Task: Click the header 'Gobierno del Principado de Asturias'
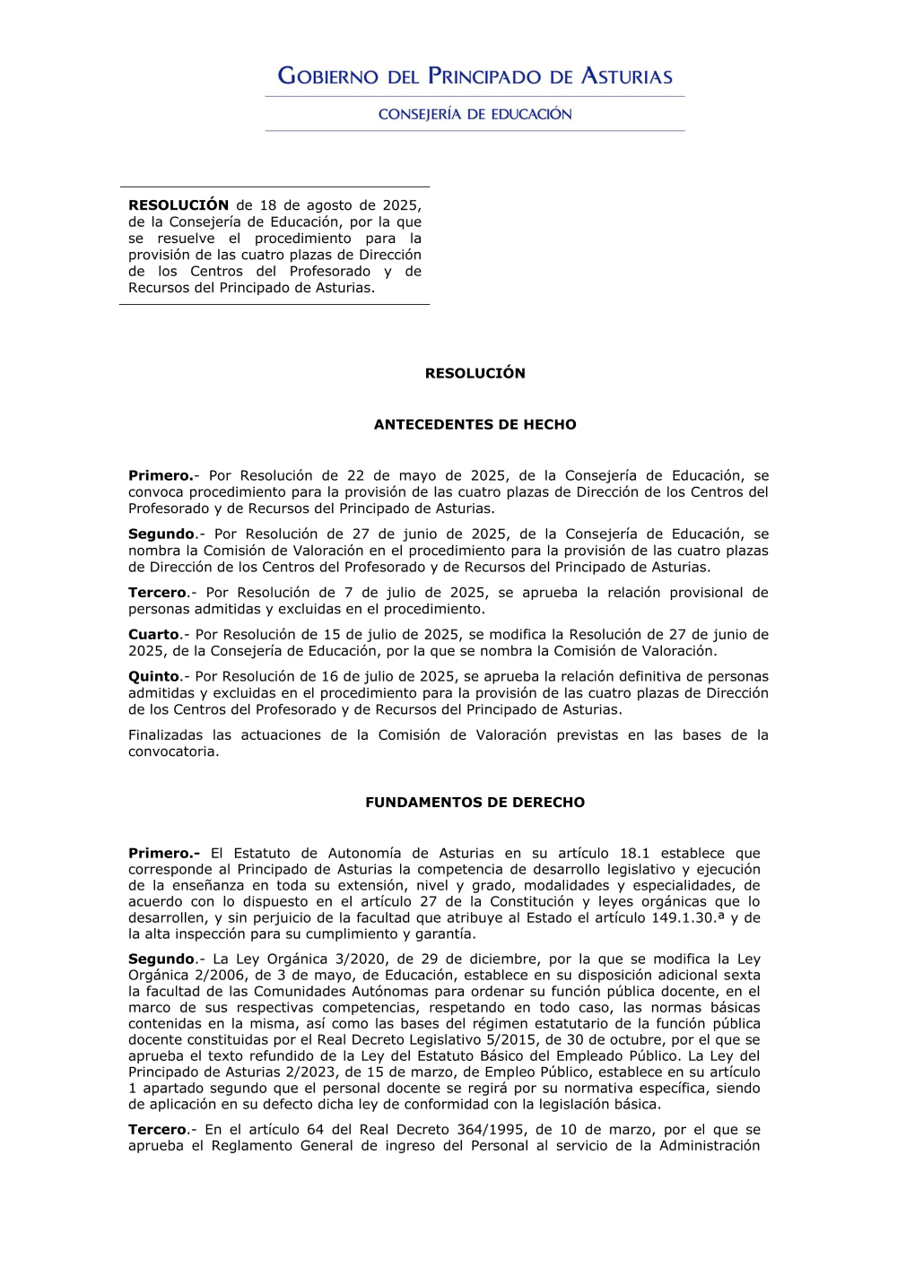pyautogui.click(x=475, y=76)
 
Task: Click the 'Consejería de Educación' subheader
pyautogui.click(x=475, y=114)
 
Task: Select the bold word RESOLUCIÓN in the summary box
pyautogui.click(x=179, y=205)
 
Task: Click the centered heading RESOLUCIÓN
pyautogui.click(x=475, y=373)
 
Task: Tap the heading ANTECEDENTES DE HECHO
pyautogui.click(x=475, y=424)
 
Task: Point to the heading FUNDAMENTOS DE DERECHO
pyautogui.click(x=475, y=802)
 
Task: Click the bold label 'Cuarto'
pyautogui.click(x=153, y=634)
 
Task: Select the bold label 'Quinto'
pyautogui.click(x=153, y=676)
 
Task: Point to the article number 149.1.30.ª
pyautogui.click(x=688, y=917)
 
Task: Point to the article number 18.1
pyautogui.click(x=634, y=853)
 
